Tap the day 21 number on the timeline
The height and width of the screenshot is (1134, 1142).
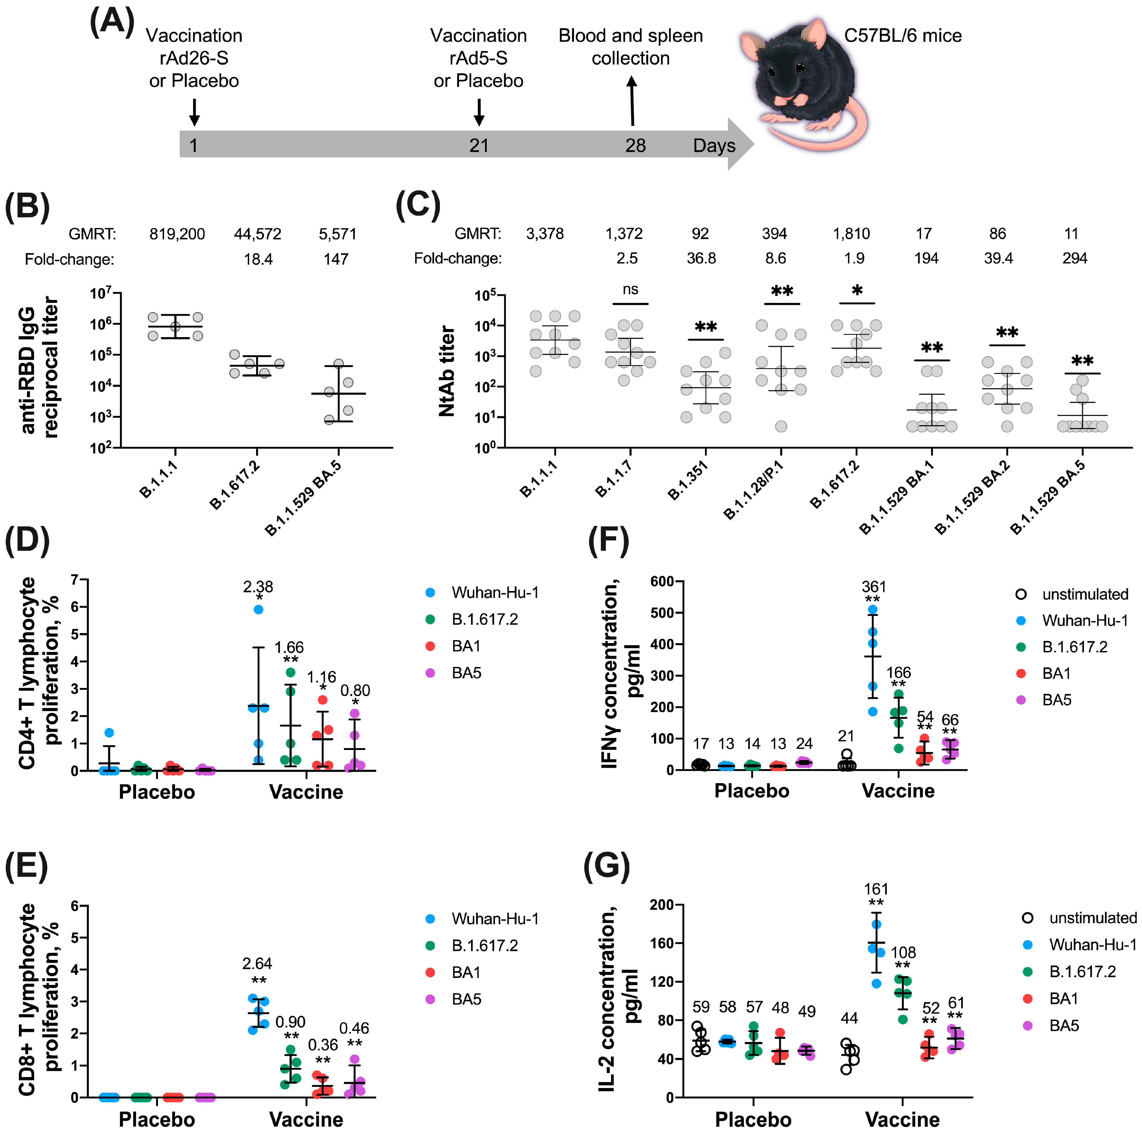(x=479, y=145)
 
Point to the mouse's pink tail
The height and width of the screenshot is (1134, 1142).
(x=828, y=136)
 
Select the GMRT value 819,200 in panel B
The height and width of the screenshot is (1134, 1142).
(x=177, y=234)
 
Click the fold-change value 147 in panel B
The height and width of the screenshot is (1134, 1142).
(x=336, y=259)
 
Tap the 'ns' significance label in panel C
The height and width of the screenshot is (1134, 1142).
(x=630, y=289)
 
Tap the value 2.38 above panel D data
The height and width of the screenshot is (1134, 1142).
(x=258, y=587)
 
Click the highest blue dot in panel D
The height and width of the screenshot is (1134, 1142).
(x=258, y=609)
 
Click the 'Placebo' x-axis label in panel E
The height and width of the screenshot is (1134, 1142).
(x=157, y=1119)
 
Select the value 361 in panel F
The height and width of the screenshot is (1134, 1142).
(x=874, y=587)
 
